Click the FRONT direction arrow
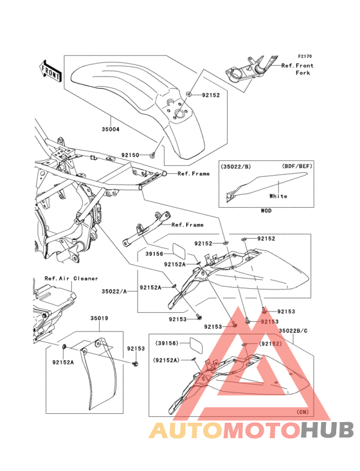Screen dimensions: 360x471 point(50,71)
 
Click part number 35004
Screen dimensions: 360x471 point(111,129)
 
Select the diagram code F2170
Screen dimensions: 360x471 point(305,56)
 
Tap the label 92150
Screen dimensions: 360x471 point(130,155)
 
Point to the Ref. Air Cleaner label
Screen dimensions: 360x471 point(71,279)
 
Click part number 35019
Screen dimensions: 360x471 point(99,318)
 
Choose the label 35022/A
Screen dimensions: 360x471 point(114,291)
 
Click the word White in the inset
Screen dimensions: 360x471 point(278,196)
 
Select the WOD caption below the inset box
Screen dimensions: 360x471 point(265,211)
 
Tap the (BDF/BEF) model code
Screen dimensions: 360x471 point(297,166)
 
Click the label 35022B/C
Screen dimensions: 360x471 point(293,331)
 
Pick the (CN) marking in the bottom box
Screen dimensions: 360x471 point(302,412)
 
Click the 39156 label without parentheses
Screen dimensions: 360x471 point(154,254)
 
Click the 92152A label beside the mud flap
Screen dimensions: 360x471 point(63,362)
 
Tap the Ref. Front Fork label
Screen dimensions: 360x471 point(297,69)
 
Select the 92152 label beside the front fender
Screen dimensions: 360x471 point(211,95)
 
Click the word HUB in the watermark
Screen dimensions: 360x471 point(328,430)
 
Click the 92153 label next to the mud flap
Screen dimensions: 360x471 point(136,349)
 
